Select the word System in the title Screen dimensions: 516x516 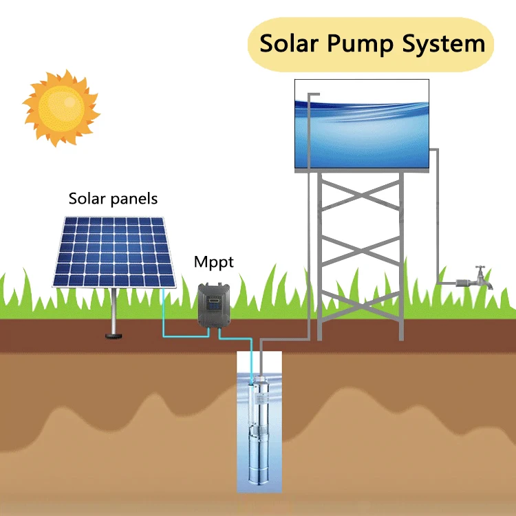(x=447, y=45)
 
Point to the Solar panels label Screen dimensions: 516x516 (x=113, y=199)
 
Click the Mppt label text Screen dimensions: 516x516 (x=213, y=262)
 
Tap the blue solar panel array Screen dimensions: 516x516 (x=114, y=251)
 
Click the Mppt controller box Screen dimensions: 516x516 (x=213, y=303)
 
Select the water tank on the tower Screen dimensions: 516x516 (x=362, y=124)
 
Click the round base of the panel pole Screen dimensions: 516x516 (x=112, y=336)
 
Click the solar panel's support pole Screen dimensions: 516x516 (x=112, y=310)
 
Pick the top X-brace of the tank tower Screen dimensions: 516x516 (x=360, y=204)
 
